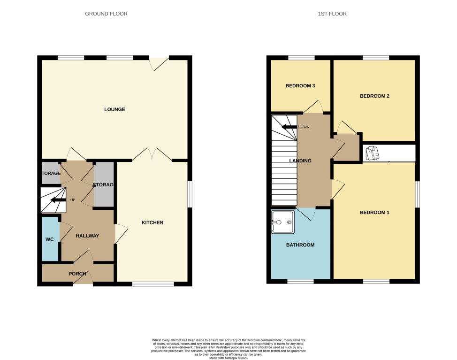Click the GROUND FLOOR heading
click(x=106, y=14)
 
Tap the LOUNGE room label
click(x=114, y=109)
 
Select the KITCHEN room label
click(x=152, y=222)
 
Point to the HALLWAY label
click(x=87, y=236)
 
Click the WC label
click(x=50, y=239)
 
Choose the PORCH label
click(x=77, y=274)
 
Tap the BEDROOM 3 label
click(x=300, y=86)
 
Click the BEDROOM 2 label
click(x=374, y=96)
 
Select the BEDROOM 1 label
click(x=374, y=213)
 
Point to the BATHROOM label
click(x=300, y=245)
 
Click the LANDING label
click(x=300, y=161)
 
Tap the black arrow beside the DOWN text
click(x=288, y=127)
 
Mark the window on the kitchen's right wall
click(x=190, y=194)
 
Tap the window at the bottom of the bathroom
click(x=300, y=282)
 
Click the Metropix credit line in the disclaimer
click(x=228, y=358)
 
